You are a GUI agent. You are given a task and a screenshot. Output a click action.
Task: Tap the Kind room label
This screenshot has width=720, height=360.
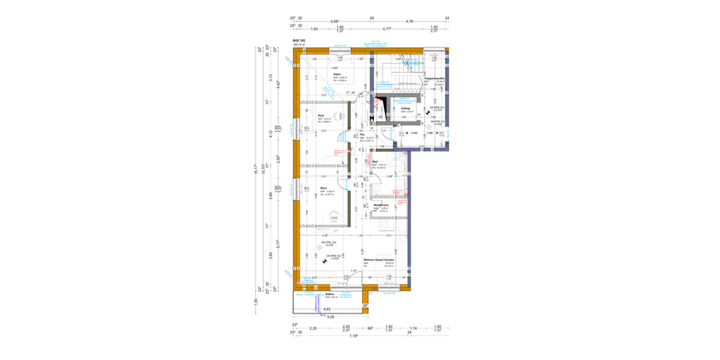coord(321,115)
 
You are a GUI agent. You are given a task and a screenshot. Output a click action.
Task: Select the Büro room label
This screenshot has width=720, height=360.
coord(323,188)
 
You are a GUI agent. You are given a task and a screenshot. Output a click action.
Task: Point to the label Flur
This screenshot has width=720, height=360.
coord(371,134)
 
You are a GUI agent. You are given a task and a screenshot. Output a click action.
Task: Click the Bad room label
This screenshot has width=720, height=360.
coord(375,161)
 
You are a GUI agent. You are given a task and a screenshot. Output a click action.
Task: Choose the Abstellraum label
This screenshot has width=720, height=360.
coord(381,205)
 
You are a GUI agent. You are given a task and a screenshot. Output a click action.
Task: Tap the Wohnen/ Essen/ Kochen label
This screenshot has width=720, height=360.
coord(378,260)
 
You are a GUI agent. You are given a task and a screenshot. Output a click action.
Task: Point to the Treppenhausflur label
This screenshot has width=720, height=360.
coord(433,78)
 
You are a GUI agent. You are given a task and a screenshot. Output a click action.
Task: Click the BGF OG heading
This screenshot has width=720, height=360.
coord(299,40)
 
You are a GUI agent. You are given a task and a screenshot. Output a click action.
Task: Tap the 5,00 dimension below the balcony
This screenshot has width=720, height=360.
coord(331,317)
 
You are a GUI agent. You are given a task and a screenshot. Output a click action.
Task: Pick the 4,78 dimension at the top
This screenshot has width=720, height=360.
coord(409,22)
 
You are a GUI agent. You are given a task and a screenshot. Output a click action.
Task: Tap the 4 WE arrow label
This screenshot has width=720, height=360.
coord(413,132)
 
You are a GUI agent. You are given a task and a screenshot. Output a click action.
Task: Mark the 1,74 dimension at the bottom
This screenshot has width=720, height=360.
coord(413,327)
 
